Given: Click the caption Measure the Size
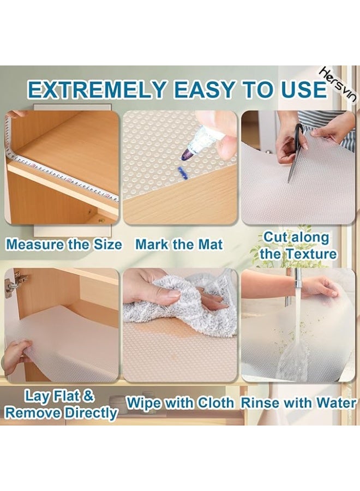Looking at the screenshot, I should point(64,244).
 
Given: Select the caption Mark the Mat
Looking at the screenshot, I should point(179,244).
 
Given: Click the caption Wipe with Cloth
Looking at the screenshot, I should point(180,403).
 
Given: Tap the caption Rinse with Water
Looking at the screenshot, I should point(298,403).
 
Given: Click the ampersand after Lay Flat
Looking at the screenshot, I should point(89,394).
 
